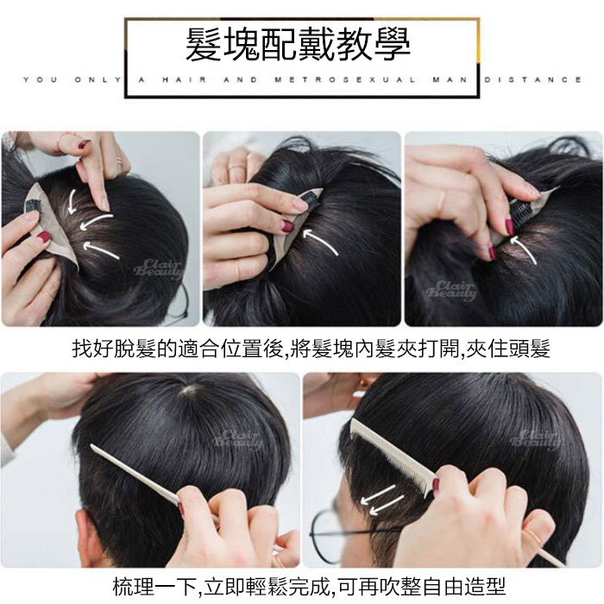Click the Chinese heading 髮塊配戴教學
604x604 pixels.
click(x=298, y=45)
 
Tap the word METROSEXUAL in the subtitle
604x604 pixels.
click(x=345, y=80)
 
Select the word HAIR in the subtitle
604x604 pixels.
click(x=184, y=80)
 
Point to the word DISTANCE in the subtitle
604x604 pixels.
click(x=532, y=80)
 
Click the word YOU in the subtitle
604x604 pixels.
click(x=40, y=80)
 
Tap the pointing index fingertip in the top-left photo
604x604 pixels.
click(x=103, y=205)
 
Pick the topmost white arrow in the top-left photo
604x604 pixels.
click(x=72, y=201)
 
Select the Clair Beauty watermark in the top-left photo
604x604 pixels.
click(x=158, y=269)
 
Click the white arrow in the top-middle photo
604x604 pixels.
click(x=320, y=240)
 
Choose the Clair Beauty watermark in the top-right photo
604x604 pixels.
click(x=450, y=291)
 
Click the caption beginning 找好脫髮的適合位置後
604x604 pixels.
click(x=311, y=349)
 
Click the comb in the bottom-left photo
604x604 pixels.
click(x=135, y=475)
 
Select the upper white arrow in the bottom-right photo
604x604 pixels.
click(x=378, y=494)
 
